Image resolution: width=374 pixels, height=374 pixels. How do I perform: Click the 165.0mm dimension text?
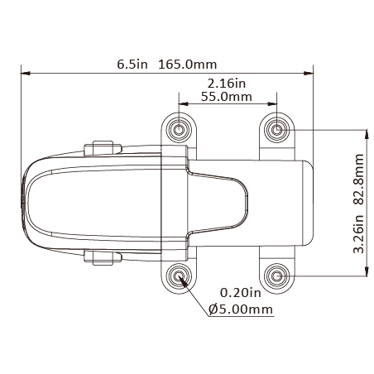pyautogui.click(x=188, y=65)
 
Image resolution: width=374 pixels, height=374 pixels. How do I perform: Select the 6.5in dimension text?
pyautogui.click(x=132, y=65)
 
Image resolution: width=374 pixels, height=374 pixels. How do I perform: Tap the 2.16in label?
pyautogui.click(x=227, y=84)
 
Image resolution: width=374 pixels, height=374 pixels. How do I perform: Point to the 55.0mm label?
pyautogui.click(x=227, y=97)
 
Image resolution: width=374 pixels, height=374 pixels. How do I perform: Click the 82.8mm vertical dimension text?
pyautogui.click(x=359, y=180)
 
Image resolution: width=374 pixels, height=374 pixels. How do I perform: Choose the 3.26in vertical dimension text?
pyautogui.click(x=359, y=233)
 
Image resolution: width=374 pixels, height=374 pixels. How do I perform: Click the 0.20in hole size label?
pyautogui.click(x=241, y=293)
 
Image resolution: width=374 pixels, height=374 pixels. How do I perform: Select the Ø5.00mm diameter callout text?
pyautogui.click(x=241, y=309)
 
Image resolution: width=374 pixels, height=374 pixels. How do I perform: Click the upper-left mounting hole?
pyautogui.click(x=179, y=129)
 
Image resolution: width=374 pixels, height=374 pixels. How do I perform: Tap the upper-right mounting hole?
pyautogui.click(x=277, y=129)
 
